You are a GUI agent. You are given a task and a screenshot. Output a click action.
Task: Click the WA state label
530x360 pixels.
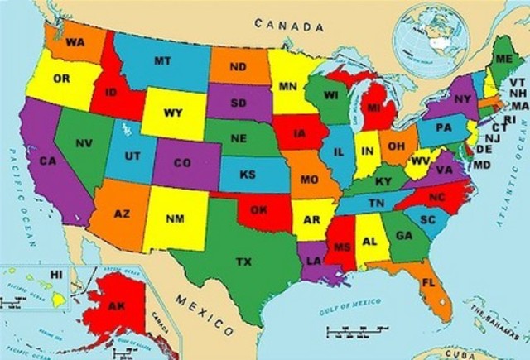point(75,42)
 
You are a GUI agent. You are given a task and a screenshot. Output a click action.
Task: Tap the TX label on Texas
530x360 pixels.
point(243,262)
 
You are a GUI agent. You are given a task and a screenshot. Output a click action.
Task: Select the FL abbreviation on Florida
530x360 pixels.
point(428,281)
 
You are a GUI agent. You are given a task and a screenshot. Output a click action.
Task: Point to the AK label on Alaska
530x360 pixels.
point(116,306)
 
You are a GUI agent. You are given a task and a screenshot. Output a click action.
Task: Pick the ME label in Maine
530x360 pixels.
point(503,59)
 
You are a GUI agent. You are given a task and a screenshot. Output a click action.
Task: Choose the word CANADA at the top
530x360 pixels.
point(289,26)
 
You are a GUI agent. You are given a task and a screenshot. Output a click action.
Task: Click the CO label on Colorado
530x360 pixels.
point(182,162)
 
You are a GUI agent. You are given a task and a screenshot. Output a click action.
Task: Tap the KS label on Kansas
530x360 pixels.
point(247,175)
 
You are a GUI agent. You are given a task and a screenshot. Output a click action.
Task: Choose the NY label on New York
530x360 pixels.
point(462,99)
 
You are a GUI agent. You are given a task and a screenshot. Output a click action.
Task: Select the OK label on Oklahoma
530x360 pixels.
point(258,210)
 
